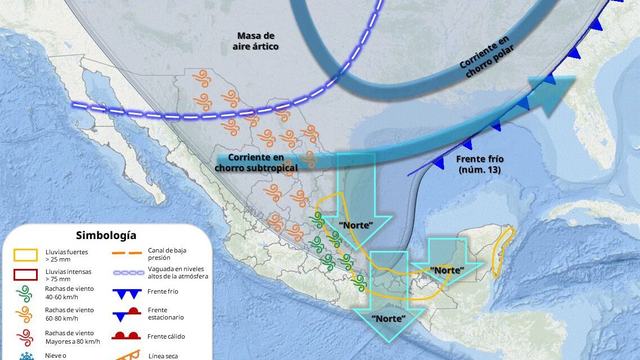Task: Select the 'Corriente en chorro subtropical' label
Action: (256, 162)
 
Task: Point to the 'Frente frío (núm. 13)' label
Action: (479, 164)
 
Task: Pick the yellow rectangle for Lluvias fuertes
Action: (25, 255)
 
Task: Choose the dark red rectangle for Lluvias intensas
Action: (25, 275)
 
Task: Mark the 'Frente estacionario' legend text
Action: (165, 313)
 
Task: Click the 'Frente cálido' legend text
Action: (166, 336)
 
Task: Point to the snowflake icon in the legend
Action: (25, 355)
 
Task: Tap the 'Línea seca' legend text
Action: (164, 355)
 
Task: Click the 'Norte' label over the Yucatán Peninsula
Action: (447, 270)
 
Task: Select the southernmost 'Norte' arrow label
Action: (388, 318)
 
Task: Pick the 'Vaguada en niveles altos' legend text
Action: (178, 272)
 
